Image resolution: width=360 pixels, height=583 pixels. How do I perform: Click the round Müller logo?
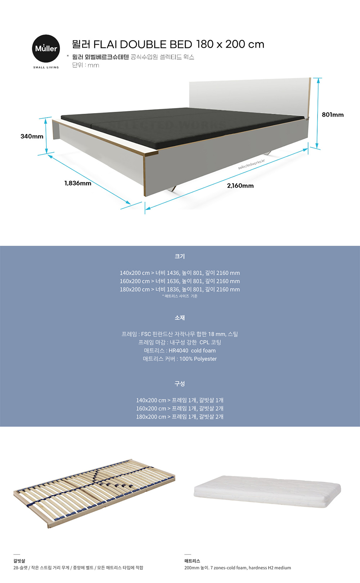(x=46, y=49)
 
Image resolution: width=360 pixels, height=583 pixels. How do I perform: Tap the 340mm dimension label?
(x=32, y=136)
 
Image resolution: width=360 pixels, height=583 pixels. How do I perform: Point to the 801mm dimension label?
(x=333, y=115)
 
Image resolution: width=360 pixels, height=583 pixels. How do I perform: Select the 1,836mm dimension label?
(x=78, y=183)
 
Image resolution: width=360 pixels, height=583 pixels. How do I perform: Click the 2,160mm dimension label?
(x=240, y=186)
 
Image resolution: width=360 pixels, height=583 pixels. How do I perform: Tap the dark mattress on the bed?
(x=180, y=124)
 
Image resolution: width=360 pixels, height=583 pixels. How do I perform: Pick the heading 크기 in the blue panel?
(x=180, y=256)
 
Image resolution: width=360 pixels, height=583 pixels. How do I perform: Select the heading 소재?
(x=180, y=318)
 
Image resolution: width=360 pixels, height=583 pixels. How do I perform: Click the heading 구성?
(x=180, y=384)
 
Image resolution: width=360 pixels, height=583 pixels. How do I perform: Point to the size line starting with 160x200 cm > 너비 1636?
(x=180, y=281)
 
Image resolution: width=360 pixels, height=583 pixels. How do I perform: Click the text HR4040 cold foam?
(x=192, y=351)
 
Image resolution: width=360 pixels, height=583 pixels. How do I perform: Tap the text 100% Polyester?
(x=198, y=359)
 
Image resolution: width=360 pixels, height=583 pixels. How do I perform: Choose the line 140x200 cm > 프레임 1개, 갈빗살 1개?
(x=180, y=400)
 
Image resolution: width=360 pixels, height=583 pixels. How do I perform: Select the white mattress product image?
(x=267, y=491)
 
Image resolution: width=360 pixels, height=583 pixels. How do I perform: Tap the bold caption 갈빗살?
(x=19, y=561)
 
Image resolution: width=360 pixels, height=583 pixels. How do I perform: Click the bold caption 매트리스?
(x=192, y=561)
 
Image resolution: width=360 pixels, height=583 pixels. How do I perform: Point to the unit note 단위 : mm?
(x=86, y=65)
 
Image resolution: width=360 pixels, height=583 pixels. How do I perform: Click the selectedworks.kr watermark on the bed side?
(x=251, y=165)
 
